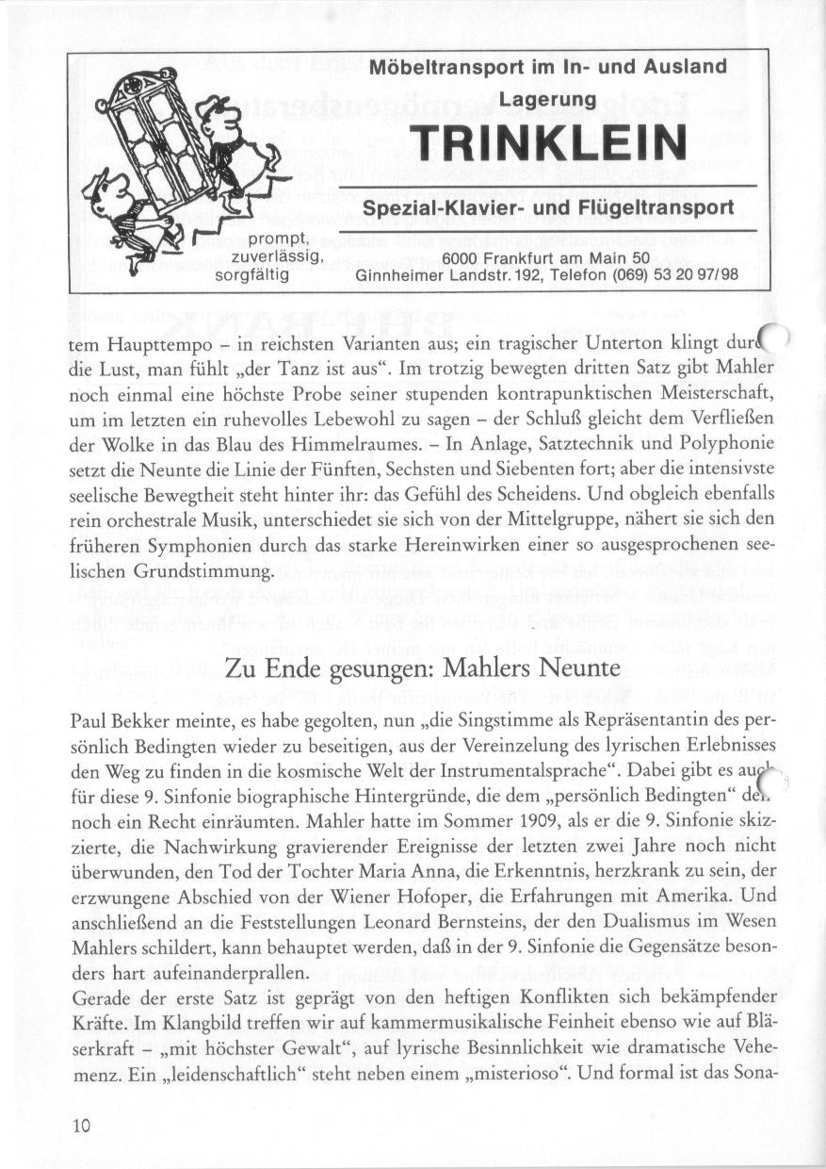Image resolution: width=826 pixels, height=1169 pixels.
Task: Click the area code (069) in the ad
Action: click(588, 276)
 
